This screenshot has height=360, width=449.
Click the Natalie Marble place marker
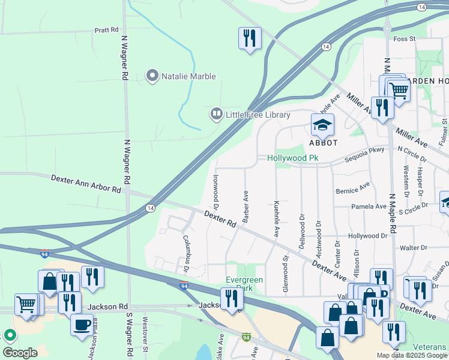click(152, 76)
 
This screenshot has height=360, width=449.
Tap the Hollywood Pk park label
click(292, 158)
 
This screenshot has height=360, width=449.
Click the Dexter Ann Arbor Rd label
click(86, 183)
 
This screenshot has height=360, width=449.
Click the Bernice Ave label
click(353, 190)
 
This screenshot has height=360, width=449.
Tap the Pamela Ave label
click(369, 206)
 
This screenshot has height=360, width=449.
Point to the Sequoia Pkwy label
click(364, 157)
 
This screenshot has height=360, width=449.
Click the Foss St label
click(404, 39)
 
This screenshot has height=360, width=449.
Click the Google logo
click(20, 352)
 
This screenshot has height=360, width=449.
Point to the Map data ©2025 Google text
click(411, 355)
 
